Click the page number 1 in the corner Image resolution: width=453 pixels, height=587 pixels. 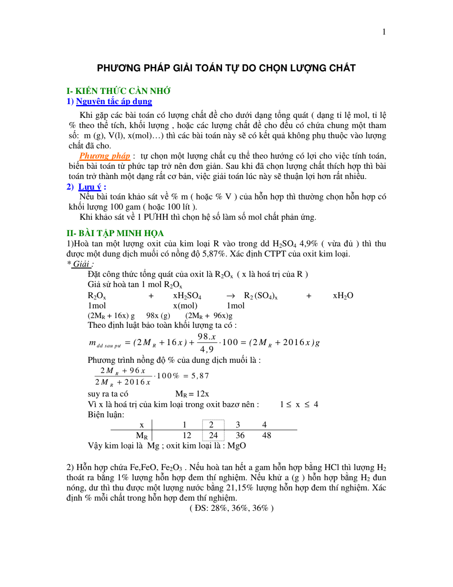click(x=384, y=32)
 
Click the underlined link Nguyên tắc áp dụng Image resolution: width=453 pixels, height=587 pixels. click(x=114, y=101)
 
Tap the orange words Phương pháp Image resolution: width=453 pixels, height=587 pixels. click(x=104, y=156)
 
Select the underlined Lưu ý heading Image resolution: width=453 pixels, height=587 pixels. click(x=89, y=187)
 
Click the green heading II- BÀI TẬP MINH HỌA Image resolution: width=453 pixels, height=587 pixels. click(x=115, y=233)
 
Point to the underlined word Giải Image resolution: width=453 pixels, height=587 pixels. click(x=81, y=264)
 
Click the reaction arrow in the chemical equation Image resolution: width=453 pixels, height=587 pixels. click(x=230, y=296)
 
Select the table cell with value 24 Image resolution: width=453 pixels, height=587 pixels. click(x=213, y=435)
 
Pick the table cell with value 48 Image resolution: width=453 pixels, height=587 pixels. click(x=266, y=435)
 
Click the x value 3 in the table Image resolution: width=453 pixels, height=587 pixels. click(x=238, y=425)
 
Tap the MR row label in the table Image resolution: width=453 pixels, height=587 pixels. click(x=142, y=436)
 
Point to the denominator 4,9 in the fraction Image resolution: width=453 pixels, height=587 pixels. click(x=207, y=349)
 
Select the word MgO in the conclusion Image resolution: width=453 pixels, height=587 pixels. click(x=237, y=446)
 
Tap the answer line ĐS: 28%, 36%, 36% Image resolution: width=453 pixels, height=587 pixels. click(x=231, y=508)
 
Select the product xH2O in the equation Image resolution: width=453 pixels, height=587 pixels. click(x=343, y=296)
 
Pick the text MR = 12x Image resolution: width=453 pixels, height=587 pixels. click(x=192, y=394)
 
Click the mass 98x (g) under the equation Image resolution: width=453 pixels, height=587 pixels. click(x=158, y=315)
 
